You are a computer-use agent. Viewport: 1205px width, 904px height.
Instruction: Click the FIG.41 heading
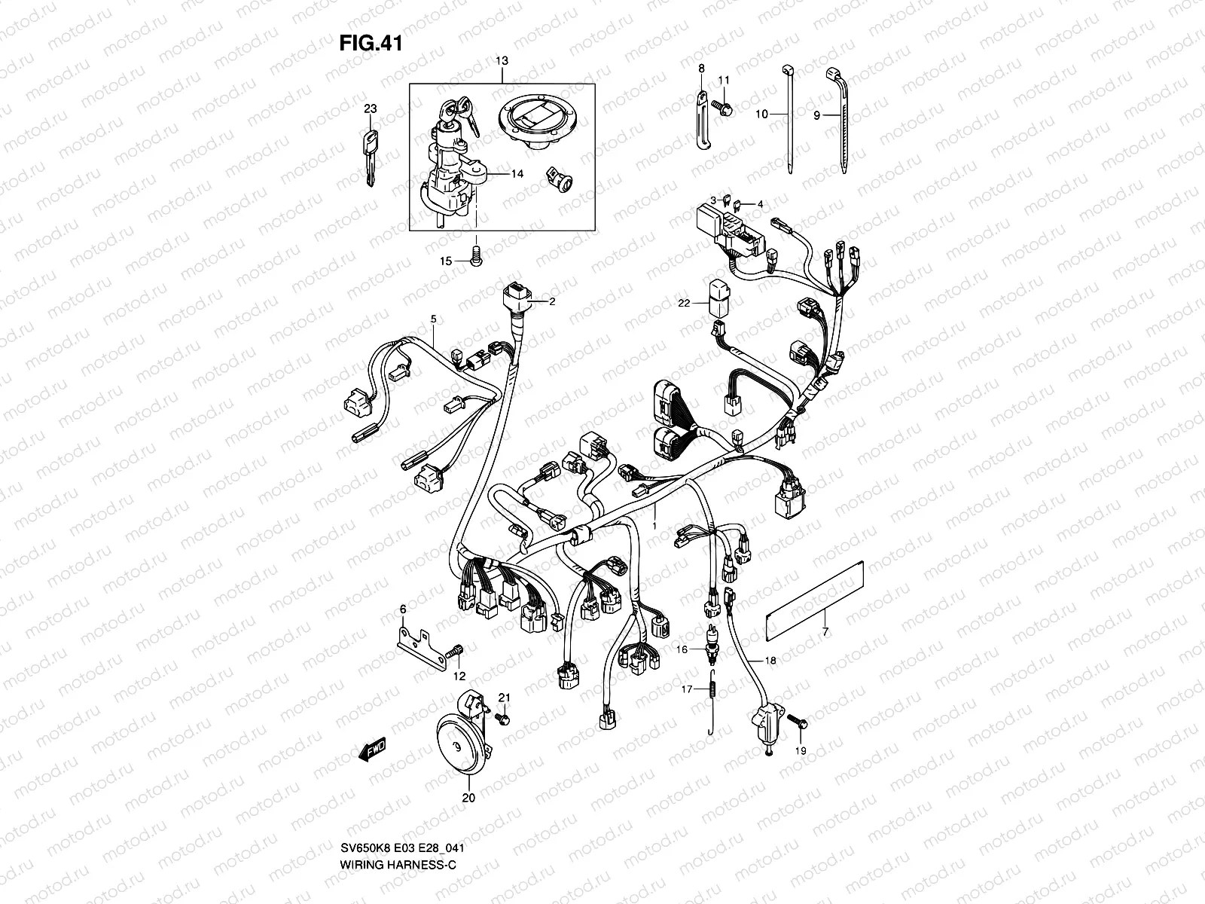point(370,44)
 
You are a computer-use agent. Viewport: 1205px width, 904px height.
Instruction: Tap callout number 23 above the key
point(370,108)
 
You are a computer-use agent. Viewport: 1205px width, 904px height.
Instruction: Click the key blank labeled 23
point(370,158)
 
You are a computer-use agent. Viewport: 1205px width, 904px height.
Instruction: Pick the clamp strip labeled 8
point(702,121)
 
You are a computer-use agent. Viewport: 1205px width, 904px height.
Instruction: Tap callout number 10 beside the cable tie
point(761,115)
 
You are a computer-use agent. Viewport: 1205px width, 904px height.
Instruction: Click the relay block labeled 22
point(716,298)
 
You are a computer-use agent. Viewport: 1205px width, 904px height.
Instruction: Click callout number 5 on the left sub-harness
point(433,319)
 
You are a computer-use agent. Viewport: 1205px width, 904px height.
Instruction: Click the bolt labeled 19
point(798,722)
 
